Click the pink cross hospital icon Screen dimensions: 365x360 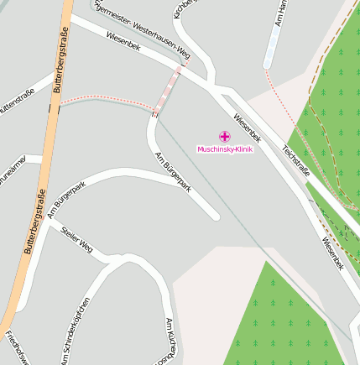click(x=225, y=136)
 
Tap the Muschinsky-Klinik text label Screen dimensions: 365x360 click(x=224, y=149)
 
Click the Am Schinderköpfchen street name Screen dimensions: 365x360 click(x=76, y=332)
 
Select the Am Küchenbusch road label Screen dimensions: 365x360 click(x=170, y=342)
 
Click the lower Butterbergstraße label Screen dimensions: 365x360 click(x=34, y=222)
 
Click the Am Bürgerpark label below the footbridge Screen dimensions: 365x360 click(x=174, y=171)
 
